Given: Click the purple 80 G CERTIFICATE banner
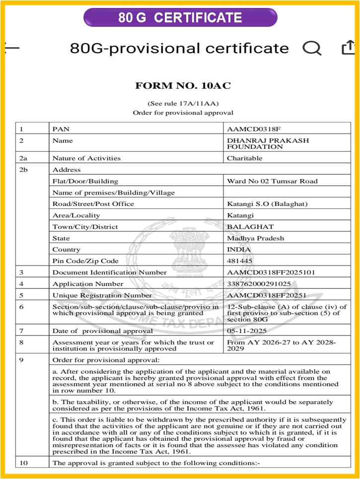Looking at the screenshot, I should (x=180, y=18).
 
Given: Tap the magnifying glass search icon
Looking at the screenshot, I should (x=312, y=48).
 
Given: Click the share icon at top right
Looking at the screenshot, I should (x=348, y=48).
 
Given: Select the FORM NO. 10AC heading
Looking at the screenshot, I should (x=183, y=86).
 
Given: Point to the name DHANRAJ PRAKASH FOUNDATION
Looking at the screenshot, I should (x=268, y=143).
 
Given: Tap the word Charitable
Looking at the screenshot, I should (x=244, y=158).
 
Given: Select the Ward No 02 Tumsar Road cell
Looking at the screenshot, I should (x=272, y=181).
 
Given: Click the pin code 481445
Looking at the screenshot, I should (x=240, y=261).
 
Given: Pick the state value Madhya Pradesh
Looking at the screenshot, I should (x=255, y=238).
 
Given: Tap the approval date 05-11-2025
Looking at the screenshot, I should (x=246, y=331).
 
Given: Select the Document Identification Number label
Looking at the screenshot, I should (x=110, y=273).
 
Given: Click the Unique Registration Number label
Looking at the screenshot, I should (x=102, y=295).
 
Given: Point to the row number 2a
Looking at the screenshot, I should (x=23, y=158).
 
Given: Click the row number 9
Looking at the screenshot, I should (x=21, y=360).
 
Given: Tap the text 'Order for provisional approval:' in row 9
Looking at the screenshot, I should (x=106, y=360).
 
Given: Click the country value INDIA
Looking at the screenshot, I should (x=239, y=249).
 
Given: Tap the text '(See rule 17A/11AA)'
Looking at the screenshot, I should (x=183, y=103).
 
